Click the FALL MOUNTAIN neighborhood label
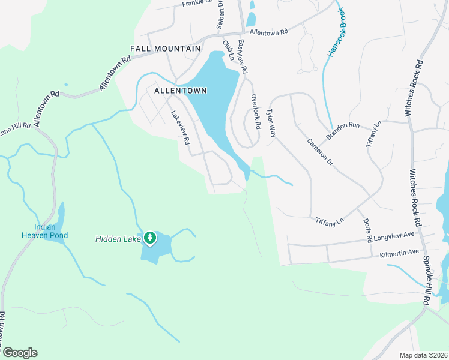pos(165,48)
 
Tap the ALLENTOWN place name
pos(180,91)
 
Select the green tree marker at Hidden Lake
pos(149,239)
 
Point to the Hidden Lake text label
pos(117,239)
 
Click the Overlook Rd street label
pos(256,112)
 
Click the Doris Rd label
pos(367,230)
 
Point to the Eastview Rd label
pos(242,56)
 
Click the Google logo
pos(19,353)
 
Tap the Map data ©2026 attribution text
pos(423,355)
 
